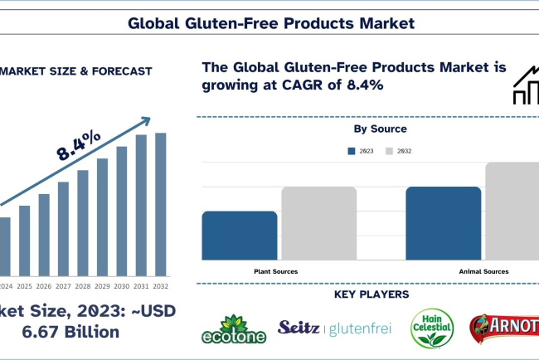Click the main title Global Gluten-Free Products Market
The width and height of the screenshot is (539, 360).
270,22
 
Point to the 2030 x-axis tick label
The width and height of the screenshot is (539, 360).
121,286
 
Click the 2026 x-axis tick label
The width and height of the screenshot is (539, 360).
44,286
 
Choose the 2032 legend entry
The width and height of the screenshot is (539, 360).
400,151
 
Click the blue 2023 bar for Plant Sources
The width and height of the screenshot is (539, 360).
239,236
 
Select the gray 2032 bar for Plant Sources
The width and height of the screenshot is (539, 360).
318,223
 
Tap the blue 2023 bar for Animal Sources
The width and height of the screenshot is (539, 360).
443,223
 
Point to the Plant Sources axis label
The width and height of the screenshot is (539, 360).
275,271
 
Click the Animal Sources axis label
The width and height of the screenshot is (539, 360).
483,271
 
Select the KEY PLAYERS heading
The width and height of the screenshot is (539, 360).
371,294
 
